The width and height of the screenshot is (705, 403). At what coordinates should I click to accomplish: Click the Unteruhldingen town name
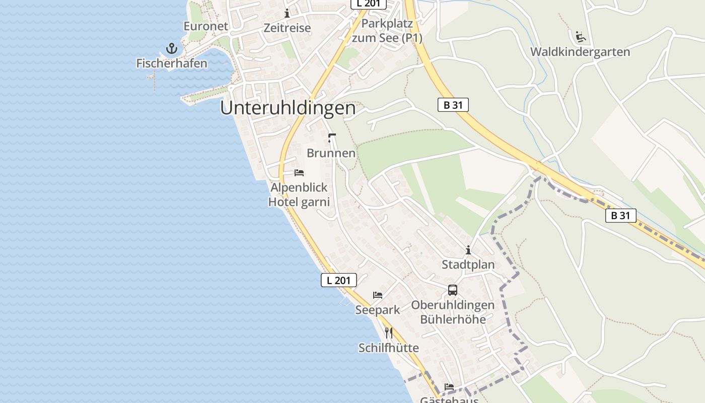pos(288,108)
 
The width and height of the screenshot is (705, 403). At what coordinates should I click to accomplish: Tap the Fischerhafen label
pos(172,63)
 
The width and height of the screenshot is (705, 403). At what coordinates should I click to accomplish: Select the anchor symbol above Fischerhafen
pos(172,49)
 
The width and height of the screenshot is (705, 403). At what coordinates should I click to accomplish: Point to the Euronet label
pos(205,26)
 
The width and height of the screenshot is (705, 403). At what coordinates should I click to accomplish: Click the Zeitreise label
pos(287,28)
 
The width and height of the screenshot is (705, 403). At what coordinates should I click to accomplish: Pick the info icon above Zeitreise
pos(287,13)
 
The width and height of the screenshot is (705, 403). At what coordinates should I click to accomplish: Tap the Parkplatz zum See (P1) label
pos(387,31)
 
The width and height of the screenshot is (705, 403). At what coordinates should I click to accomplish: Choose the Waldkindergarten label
pos(580,52)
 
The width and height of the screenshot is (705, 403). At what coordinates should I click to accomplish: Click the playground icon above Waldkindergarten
pos(580,36)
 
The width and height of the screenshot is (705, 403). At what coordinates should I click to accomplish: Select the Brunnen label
pos(331,153)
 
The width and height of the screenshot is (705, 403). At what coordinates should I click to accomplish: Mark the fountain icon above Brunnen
pos(331,138)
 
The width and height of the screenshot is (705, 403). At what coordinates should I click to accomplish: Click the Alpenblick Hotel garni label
pos(299,194)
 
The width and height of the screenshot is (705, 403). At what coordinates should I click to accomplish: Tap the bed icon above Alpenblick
pos(299,173)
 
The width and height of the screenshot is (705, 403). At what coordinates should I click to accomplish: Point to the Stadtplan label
pos(468,264)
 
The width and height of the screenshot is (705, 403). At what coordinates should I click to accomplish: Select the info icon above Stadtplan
pos(468,250)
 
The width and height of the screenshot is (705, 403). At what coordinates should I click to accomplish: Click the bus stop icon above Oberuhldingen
pos(453,290)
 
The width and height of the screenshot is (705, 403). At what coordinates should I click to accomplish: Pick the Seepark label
pos(378,310)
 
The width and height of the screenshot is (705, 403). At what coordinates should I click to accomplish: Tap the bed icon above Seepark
pos(378,295)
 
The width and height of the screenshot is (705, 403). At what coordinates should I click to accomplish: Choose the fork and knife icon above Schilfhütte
pos(389,333)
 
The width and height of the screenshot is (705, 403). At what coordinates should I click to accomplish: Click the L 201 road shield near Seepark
pos(339,280)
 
